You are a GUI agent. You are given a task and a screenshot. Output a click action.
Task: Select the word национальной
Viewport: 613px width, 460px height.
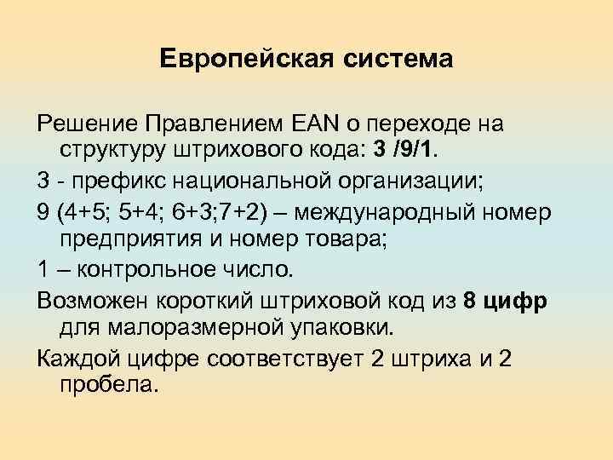245,182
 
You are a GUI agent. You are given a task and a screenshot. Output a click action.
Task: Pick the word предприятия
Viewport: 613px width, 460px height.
126,240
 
